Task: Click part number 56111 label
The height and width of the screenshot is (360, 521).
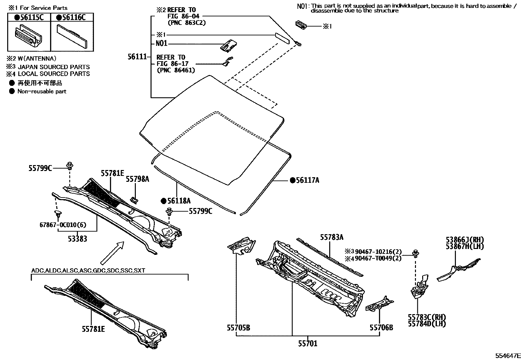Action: (x=137, y=57)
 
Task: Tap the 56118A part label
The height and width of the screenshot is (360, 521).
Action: (x=178, y=201)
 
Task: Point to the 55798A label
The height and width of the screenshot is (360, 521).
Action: (x=137, y=179)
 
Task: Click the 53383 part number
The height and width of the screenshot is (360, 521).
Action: (x=78, y=239)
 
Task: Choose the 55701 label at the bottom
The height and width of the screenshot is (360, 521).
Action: (x=308, y=343)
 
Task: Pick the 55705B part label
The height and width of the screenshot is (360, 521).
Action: (x=238, y=327)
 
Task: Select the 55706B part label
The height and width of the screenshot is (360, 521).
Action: (x=381, y=327)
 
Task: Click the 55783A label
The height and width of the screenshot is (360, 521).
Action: (x=332, y=237)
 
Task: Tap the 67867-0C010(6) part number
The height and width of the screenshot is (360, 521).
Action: (x=63, y=225)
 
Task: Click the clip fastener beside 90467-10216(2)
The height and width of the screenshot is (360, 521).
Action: (x=416, y=252)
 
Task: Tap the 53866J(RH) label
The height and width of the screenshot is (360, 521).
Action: (x=465, y=239)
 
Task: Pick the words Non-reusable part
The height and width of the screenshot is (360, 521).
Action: (x=42, y=91)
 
